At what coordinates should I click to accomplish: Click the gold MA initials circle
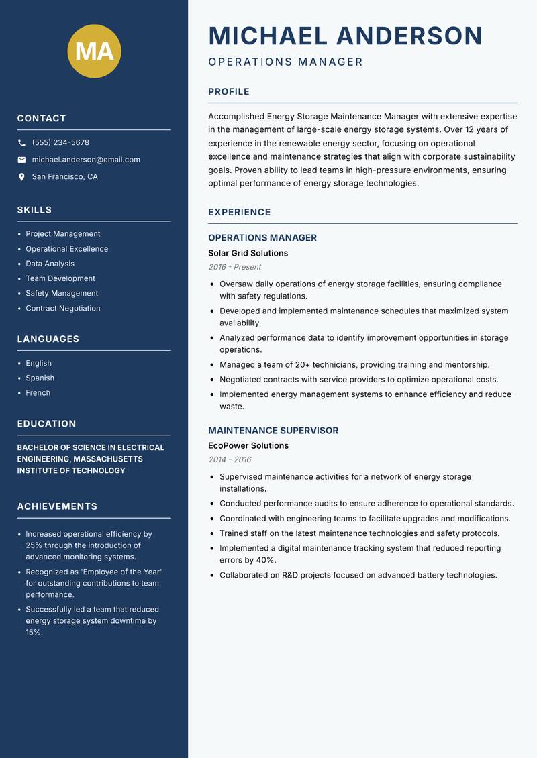tap(95, 51)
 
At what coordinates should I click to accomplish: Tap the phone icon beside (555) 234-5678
tap(21, 143)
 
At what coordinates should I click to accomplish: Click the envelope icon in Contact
tap(21, 160)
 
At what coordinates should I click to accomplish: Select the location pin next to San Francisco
tap(21, 177)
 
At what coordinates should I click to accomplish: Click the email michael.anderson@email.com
tap(86, 160)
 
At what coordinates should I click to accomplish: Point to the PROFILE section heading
tap(229, 92)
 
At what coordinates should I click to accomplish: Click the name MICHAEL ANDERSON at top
tap(345, 36)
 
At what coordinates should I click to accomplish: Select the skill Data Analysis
tap(50, 264)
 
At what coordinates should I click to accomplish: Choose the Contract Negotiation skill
tap(63, 309)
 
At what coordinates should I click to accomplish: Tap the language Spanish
tap(40, 378)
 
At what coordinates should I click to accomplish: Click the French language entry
tap(38, 393)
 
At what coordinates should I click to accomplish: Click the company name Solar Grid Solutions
tap(248, 254)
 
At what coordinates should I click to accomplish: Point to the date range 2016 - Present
tap(234, 267)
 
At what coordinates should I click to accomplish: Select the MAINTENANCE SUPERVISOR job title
tap(273, 431)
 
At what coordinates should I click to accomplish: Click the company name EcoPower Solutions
tap(248, 446)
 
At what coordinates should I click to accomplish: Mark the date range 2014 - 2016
tap(230, 459)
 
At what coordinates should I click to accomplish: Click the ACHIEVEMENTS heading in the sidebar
tap(57, 506)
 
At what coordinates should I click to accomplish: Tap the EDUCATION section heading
tap(47, 424)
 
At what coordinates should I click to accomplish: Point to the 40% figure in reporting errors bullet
tap(266, 560)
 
